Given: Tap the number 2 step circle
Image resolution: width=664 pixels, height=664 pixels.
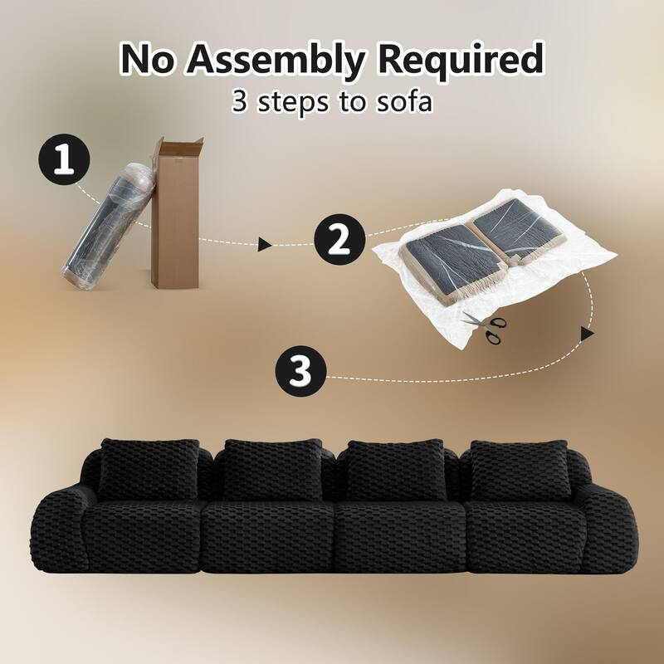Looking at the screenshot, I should click(339, 240).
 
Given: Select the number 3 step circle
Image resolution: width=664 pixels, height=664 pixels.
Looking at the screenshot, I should click(301, 372).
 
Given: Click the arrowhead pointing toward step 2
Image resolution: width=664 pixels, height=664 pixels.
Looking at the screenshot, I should click(265, 244).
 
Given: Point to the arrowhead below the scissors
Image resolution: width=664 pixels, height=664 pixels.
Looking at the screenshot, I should click(587, 333).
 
